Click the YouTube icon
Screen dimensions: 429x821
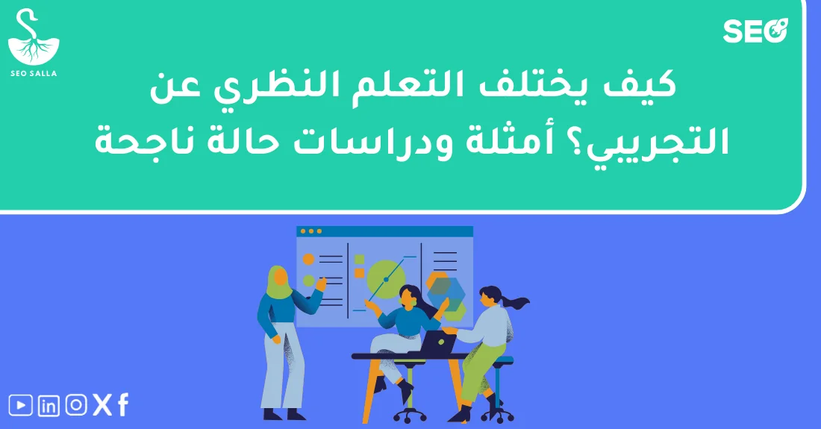point(21,405)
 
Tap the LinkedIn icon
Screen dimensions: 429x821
point(49,406)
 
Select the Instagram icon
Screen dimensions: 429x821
point(75,405)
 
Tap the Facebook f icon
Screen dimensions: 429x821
point(123,405)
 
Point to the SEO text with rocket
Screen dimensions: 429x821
point(755,32)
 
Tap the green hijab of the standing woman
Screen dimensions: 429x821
point(278,282)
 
